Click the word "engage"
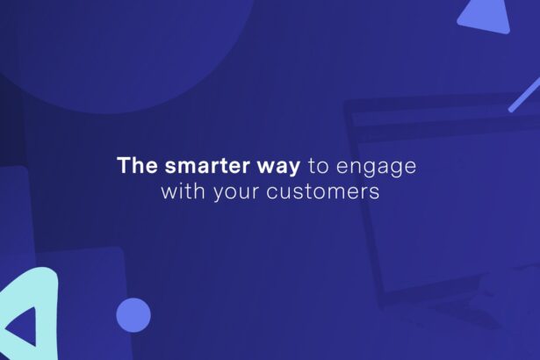coord(376,168)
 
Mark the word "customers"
coord(323,191)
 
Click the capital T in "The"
coord(124,165)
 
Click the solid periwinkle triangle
coord(486,18)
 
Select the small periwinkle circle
coord(133,315)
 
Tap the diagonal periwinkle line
coord(524,95)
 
